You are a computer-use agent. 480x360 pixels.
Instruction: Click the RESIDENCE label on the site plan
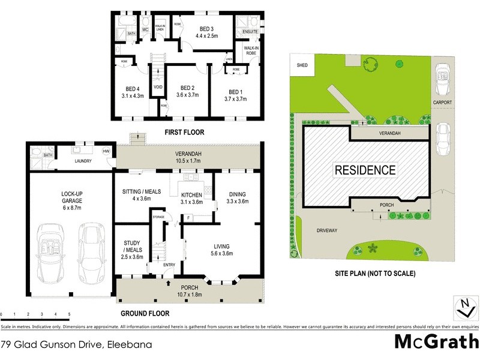click(365, 170)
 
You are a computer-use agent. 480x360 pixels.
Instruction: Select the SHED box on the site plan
click(302, 66)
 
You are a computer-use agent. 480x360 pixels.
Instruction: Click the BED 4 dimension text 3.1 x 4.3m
click(133, 95)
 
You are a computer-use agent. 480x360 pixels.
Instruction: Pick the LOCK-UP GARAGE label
click(71, 199)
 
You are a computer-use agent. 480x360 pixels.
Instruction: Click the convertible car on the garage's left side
click(51, 251)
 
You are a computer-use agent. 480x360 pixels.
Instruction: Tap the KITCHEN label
click(192, 194)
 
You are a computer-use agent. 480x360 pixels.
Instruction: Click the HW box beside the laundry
click(106, 151)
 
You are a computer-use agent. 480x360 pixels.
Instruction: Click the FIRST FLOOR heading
click(185, 131)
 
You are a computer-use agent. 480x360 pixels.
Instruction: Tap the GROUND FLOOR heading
click(145, 313)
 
